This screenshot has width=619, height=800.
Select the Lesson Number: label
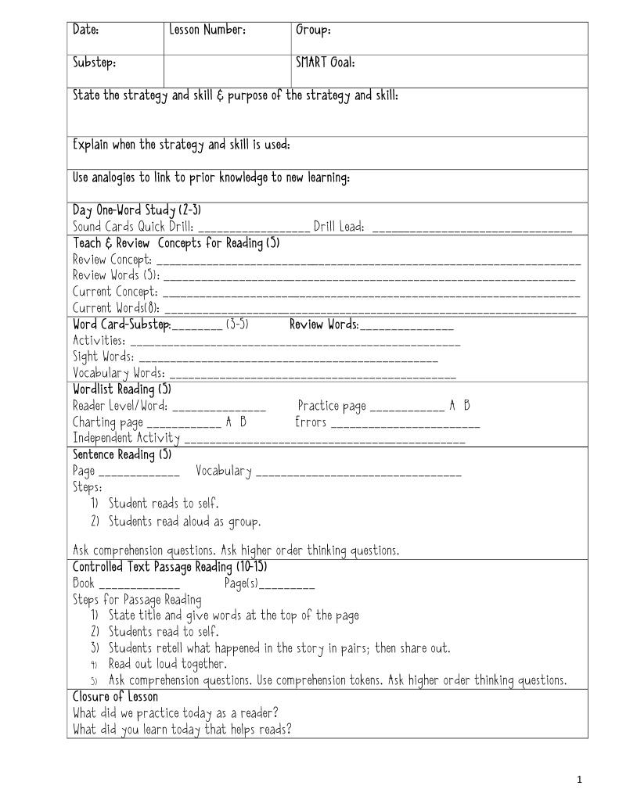point(207,30)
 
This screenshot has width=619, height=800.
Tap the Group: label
point(312,30)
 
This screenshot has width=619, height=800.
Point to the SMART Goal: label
point(325,63)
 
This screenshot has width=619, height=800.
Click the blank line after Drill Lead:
point(472,228)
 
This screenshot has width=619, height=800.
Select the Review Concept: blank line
point(369,260)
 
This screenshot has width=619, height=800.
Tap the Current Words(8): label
point(110,308)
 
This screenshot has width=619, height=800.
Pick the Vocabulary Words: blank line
point(313,375)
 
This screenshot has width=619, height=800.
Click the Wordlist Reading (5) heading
point(121,389)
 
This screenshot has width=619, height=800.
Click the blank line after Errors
point(405,424)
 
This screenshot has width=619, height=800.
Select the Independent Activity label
point(126,439)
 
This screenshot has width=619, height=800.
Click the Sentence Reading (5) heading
point(121,454)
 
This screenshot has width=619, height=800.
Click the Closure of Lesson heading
point(115,697)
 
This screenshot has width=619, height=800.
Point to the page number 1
point(579,779)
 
